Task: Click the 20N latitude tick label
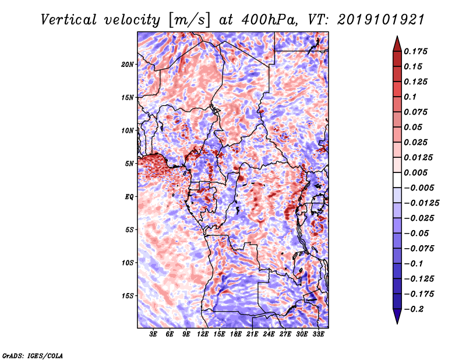tap(128, 64)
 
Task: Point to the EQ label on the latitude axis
tap(129, 196)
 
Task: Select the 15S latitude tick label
tap(128, 295)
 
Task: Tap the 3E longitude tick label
tap(154, 335)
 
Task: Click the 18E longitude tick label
tap(236, 335)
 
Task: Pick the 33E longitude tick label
tap(318, 335)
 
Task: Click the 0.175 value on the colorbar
tap(417, 51)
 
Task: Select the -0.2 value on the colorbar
tap(414, 309)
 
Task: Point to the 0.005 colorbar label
tap(417, 172)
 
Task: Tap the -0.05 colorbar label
tap(417, 233)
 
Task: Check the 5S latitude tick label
tap(130, 230)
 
